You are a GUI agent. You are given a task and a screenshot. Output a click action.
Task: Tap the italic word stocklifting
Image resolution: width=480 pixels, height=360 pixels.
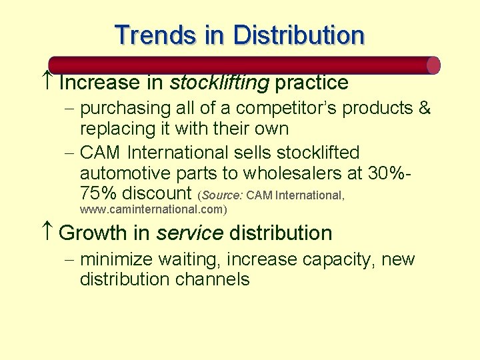(x=219, y=83)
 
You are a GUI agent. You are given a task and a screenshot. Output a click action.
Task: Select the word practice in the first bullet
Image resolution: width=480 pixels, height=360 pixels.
(x=311, y=83)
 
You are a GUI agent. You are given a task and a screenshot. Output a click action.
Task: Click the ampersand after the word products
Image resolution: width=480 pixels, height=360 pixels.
(x=424, y=108)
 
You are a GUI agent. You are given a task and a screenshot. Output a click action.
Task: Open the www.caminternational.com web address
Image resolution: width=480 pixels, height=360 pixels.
(x=153, y=209)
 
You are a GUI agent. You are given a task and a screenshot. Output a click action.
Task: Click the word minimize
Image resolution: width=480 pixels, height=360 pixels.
(x=121, y=259)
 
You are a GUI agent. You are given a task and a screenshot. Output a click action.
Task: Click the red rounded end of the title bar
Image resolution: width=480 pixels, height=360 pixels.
(x=433, y=65)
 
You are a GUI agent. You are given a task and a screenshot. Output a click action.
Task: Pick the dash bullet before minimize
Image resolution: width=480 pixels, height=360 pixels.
(x=71, y=259)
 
